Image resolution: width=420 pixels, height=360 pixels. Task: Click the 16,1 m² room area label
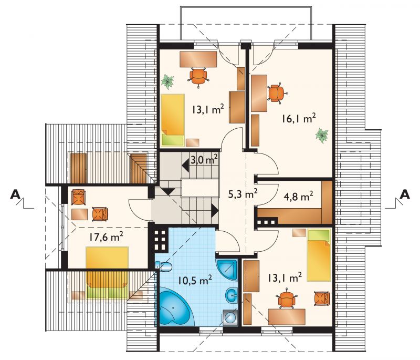298,118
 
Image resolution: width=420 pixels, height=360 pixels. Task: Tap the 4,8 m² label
298,197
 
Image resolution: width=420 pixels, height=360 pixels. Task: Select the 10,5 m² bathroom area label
195,281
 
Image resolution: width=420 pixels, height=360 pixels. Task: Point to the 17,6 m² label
107,237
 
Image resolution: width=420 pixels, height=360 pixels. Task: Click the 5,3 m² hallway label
243,193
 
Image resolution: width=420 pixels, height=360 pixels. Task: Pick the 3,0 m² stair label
204,160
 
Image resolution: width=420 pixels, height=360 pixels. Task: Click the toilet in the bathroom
164,266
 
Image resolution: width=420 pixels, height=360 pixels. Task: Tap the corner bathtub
175,308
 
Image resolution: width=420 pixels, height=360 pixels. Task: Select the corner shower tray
227,270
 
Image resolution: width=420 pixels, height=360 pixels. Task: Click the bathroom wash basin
232,296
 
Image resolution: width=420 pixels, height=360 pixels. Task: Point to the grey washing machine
230,318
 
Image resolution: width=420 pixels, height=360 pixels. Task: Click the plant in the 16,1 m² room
322,135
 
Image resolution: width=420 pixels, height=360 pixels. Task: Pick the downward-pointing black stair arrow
169,191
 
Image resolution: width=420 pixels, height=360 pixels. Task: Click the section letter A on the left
15,194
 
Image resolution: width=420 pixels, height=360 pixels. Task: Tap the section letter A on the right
404,194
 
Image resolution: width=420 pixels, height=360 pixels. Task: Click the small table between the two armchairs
80,214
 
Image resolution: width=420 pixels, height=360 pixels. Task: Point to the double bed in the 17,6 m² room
107,272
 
